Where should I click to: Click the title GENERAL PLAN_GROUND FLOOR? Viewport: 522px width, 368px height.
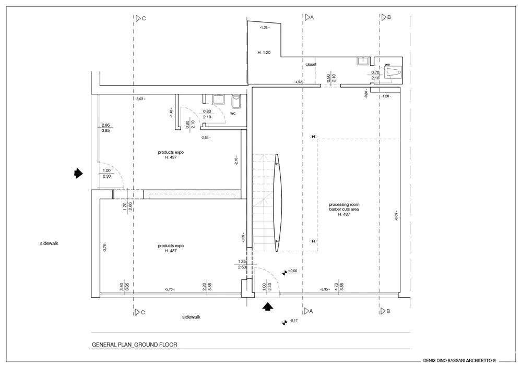[135, 345]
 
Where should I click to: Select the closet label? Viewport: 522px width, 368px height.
[311, 65]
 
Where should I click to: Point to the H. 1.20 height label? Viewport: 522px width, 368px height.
[264, 53]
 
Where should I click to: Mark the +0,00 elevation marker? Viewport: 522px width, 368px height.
[290, 271]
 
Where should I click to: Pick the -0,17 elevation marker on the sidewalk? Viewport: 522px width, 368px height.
[290, 321]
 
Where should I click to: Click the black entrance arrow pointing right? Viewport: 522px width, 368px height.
[78, 173]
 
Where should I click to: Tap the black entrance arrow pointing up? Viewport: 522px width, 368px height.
[267, 307]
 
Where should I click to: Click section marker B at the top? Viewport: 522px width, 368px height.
[386, 17]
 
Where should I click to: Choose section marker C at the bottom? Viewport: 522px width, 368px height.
[139, 312]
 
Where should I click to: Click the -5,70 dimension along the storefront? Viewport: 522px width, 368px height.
[170, 289]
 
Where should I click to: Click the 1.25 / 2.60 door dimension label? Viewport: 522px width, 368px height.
[242, 264]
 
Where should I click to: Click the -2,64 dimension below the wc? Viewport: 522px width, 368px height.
[206, 138]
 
